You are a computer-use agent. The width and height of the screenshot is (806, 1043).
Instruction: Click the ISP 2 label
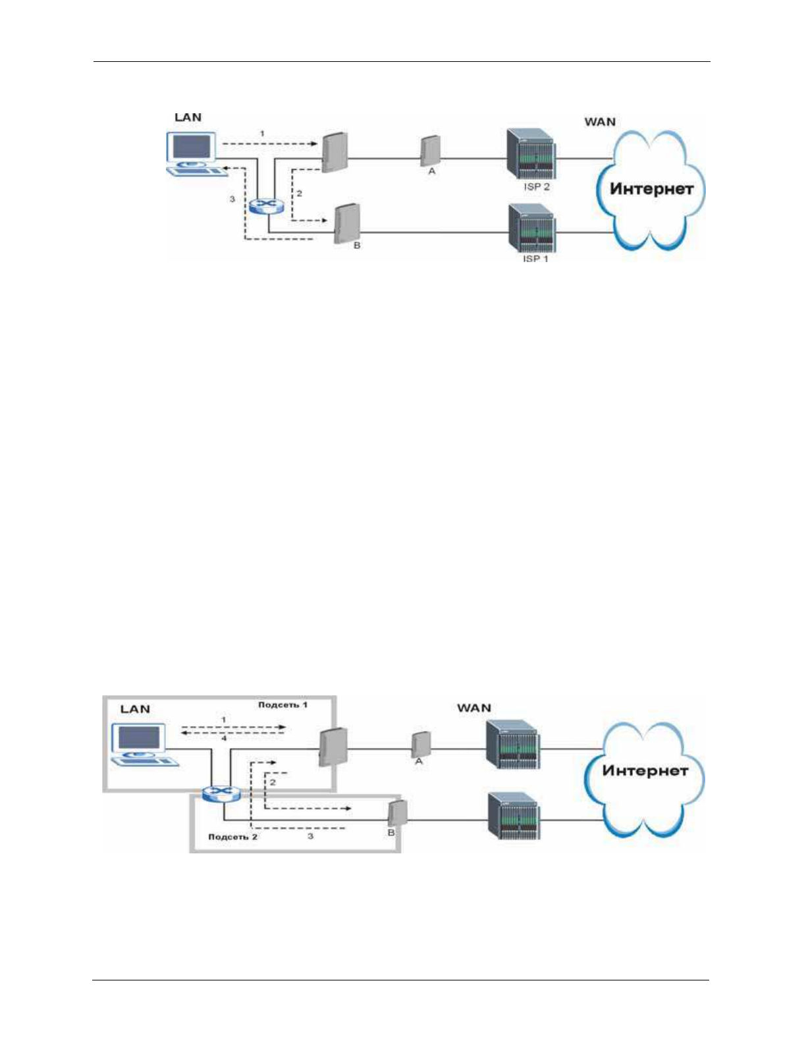[x=536, y=187]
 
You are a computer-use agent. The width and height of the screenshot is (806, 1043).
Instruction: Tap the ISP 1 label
[x=535, y=259]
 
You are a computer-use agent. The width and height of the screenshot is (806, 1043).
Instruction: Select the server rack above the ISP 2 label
[x=530, y=154]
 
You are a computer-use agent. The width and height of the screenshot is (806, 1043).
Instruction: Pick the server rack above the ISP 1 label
[x=531, y=228]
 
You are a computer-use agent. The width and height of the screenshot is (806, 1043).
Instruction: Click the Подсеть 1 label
[x=282, y=705]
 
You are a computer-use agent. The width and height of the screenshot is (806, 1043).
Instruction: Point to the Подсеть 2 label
[x=232, y=837]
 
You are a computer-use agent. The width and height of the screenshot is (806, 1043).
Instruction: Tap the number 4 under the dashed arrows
[x=224, y=738]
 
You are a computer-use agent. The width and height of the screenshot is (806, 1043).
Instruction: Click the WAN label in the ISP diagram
[x=600, y=122]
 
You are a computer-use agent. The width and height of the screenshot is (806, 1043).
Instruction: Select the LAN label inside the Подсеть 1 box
[x=135, y=709]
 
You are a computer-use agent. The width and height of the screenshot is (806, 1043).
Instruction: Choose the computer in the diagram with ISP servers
[x=193, y=153]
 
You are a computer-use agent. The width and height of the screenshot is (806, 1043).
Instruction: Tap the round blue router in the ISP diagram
[x=266, y=206]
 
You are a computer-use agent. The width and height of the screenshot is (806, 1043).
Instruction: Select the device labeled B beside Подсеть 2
[x=397, y=813]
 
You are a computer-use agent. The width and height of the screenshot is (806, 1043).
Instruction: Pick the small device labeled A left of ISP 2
[x=429, y=150]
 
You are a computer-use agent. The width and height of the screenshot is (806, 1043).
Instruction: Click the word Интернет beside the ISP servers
[x=651, y=190]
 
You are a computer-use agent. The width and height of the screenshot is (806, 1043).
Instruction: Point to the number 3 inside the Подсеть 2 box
[x=310, y=836]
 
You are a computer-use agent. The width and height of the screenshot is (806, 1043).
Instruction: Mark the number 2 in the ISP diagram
[x=299, y=194]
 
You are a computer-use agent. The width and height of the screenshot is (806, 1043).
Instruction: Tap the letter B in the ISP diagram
[x=357, y=246]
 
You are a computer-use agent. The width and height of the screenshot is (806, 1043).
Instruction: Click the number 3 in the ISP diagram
[x=232, y=199]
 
